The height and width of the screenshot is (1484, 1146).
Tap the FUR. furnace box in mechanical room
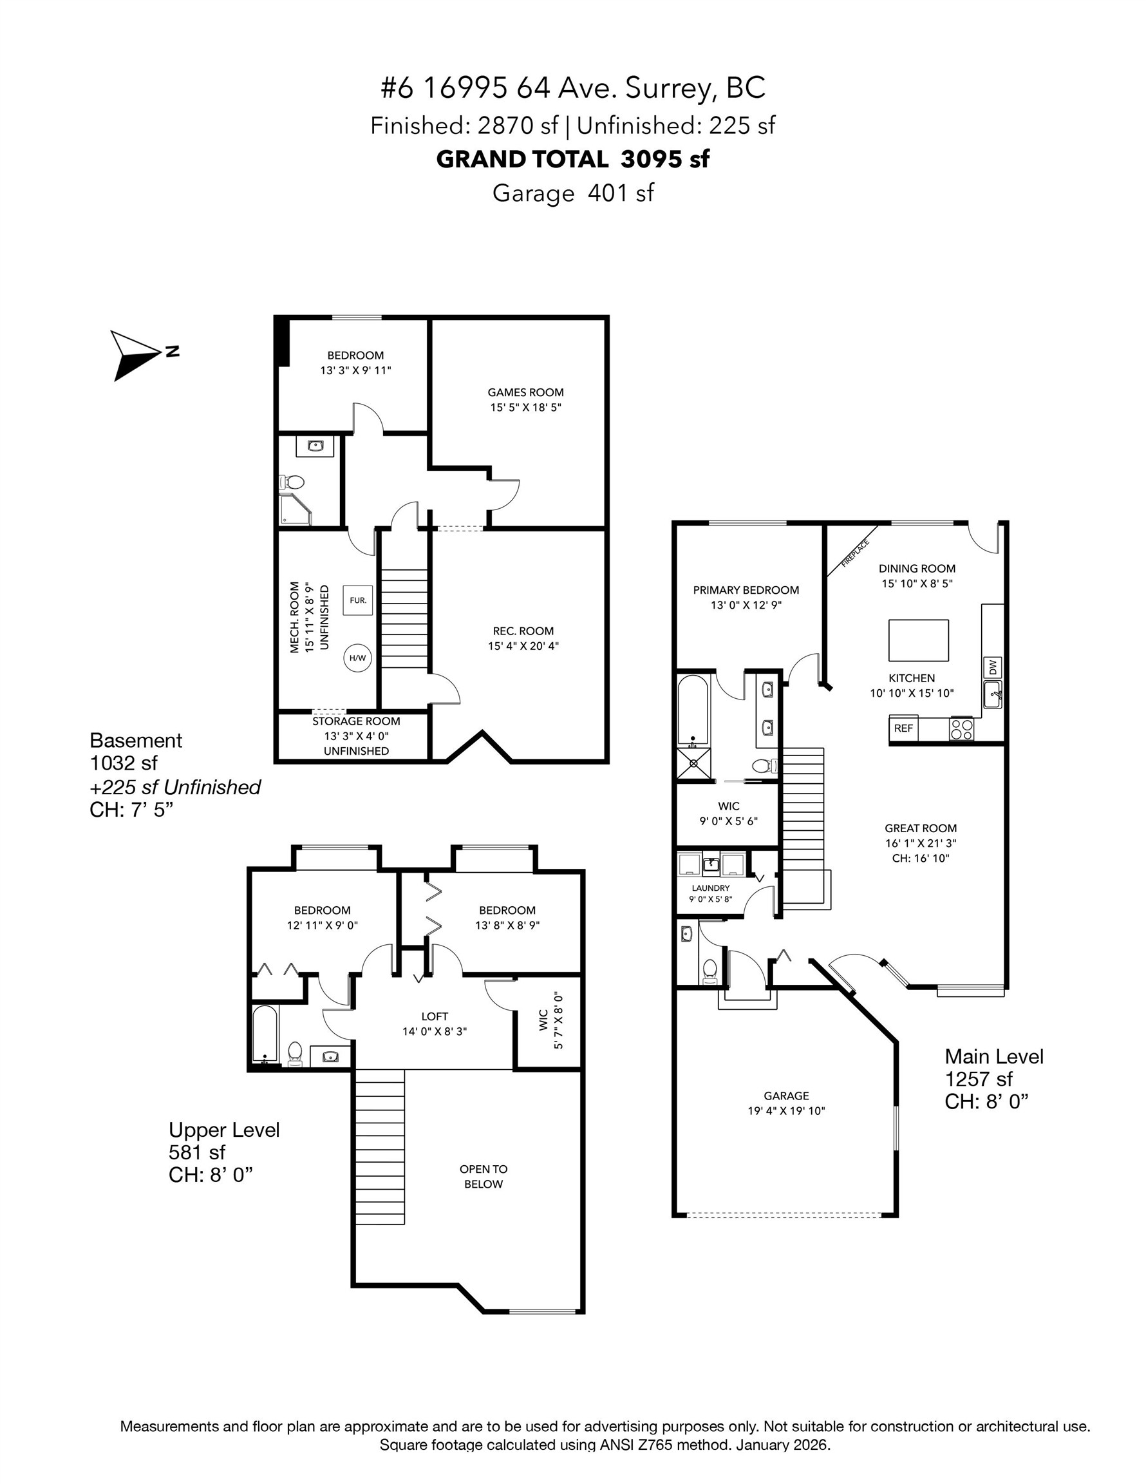click(x=358, y=601)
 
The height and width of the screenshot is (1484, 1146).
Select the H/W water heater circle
click(x=357, y=658)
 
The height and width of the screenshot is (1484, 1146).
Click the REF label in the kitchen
click(x=903, y=728)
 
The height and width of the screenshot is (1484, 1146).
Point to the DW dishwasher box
click(x=993, y=668)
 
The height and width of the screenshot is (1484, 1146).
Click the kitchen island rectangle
click(x=919, y=640)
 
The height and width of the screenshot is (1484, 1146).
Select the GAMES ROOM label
click(x=525, y=392)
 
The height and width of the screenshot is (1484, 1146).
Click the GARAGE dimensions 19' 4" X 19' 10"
click(x=786, y=1111)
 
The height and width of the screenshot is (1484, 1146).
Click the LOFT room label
click(x=434, y=1016)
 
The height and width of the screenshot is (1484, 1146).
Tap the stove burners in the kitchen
click(x=961, y=729)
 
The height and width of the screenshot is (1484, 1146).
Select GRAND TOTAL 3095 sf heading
click(x=572, y=159)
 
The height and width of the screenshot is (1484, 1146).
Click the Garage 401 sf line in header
click(x=572, y=193)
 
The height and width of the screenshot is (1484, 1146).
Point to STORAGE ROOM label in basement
click(x=356, y=721)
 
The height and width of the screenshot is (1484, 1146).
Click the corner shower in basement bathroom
click(x=294, y=510)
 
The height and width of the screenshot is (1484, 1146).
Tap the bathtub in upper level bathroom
click(x=265, y=1034)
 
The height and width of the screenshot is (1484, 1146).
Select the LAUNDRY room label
click(x=711, y=888)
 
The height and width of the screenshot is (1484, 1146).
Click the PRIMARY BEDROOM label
click(x=746, y=590)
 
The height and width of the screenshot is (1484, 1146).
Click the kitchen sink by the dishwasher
click(x=993, y=695)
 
